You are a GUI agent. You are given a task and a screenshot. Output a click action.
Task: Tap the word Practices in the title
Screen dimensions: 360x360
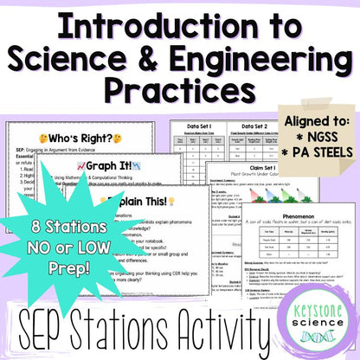180,88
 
